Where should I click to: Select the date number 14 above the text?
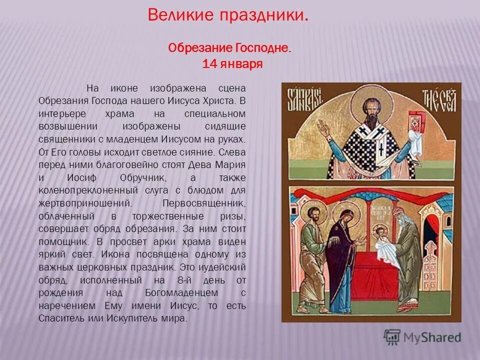(208, 64)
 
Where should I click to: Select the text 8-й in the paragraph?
(196, 280)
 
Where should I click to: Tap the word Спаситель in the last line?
(59, 318)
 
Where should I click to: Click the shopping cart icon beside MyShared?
(392, 337)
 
